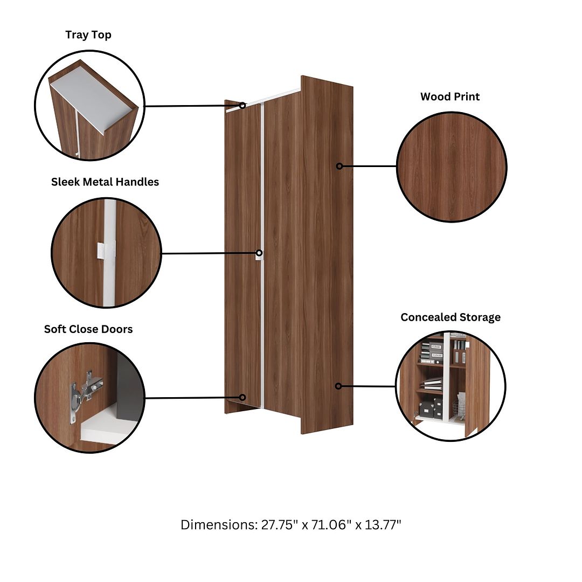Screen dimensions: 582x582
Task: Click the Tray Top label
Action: click(88, 34)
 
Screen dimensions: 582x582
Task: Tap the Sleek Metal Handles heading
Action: click(105, 182)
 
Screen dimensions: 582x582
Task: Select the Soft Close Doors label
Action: click(88, 329)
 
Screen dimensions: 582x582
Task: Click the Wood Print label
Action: click(450, 96)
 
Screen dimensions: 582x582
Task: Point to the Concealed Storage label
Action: click(451, 317)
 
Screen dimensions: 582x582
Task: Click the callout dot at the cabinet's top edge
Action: click(242, 106)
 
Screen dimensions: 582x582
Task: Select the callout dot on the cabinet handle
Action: click(259, 253)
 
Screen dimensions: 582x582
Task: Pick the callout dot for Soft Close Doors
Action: click(242, 398)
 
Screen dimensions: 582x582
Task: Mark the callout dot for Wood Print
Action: click(339, 167)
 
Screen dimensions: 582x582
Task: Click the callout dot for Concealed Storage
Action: click(338, 386)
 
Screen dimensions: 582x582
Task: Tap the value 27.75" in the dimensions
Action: click(279, 525)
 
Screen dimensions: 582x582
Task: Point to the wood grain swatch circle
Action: click(452, 167)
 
